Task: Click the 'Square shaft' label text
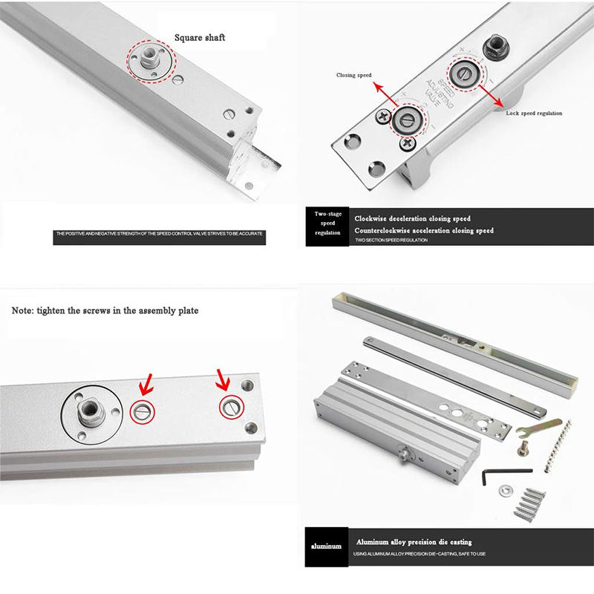tap(199, 37)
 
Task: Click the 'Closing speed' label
tap(353, 76)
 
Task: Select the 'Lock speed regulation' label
tap(533, 113)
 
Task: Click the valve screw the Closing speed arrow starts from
tap(406, 120)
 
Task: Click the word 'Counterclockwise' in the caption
tap(391, 231)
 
